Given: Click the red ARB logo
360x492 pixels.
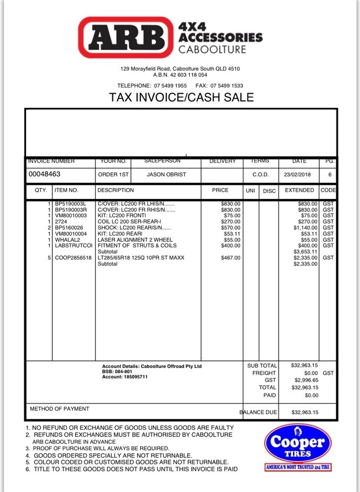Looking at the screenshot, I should [x=126, y=37].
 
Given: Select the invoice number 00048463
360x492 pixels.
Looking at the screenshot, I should [x=44, y=174].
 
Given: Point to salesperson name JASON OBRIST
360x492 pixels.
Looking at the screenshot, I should [x=166, y=175].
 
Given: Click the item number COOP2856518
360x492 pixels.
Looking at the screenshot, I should [x=73, y=258].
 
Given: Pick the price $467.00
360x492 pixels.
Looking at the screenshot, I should [x=231, y=258].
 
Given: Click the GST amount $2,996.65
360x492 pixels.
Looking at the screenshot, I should [x=307, y=380].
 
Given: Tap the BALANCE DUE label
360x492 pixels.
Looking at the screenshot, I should [x=258, y=412].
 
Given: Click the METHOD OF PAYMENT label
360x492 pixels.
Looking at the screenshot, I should [x=60, y=409].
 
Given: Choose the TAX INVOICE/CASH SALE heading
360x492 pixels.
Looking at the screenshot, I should [x=181, y=97].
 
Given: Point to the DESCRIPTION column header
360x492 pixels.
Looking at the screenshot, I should [x=116, y=191].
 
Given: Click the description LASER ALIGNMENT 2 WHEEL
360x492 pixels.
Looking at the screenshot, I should [x=135, y=240].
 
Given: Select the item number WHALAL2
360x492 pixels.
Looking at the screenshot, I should [x=67, y=240].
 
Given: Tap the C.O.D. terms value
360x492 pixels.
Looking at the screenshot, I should [x=261, y=175].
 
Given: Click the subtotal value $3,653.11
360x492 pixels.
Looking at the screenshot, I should [x=307, y=252].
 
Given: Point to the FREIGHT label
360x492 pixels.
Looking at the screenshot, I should [x=264, y=373].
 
